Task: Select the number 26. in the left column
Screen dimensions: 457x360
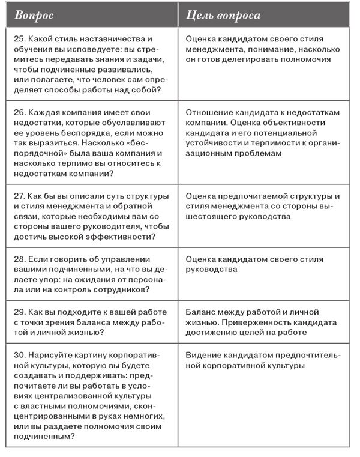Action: [x=19, y=112]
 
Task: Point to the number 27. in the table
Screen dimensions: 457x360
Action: [x=19, y=196]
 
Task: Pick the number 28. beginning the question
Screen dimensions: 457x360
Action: [x=19, y=259]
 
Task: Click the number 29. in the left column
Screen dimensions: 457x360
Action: [x=19, y=312]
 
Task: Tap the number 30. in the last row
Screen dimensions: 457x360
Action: [x=19, y=354]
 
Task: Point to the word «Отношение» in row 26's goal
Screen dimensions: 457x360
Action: [x=209, y=112]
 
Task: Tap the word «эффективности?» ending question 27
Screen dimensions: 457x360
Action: [x=121, y=237]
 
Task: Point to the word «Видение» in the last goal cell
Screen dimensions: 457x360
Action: [x=203, y=354]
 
